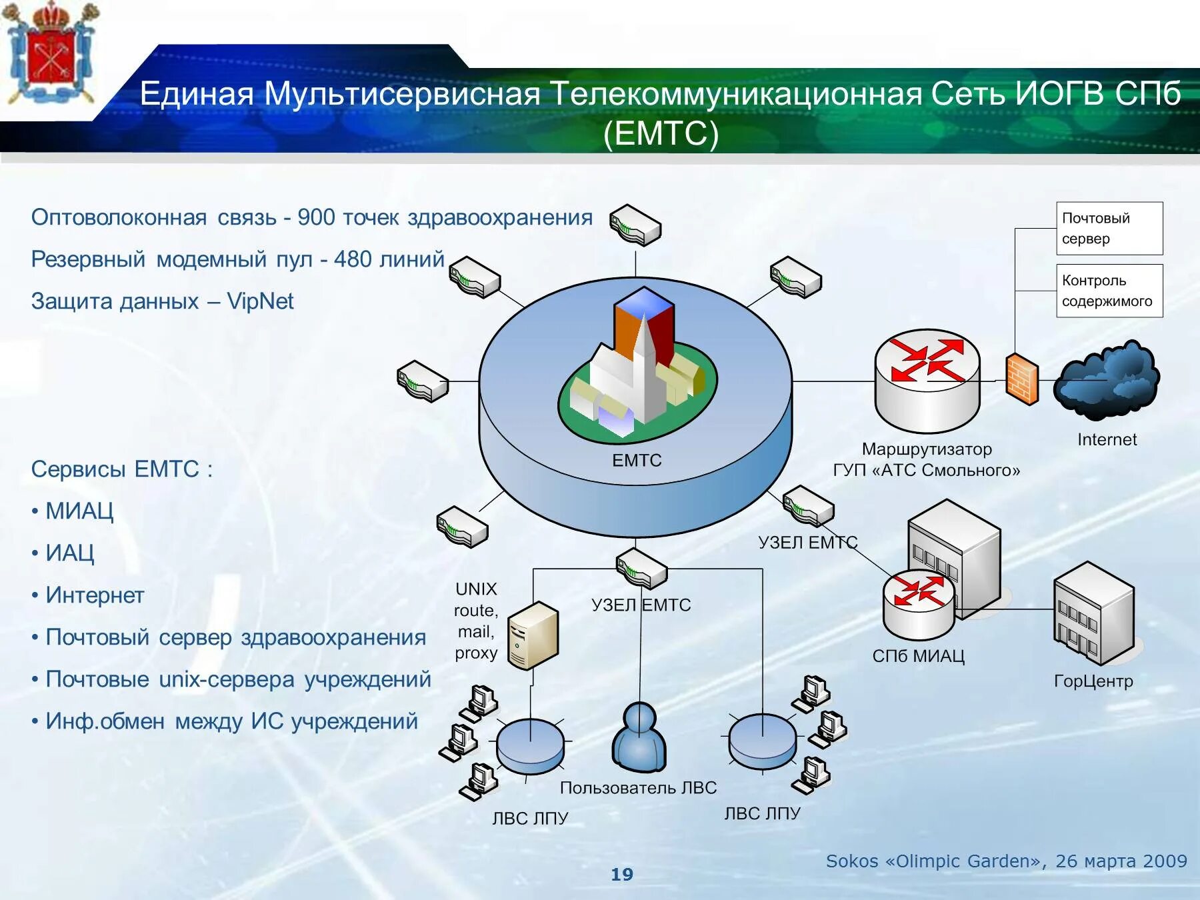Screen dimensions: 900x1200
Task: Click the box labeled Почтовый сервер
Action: click(x=1109, y=228)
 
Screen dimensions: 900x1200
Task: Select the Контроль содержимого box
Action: click(x=1109, y=291)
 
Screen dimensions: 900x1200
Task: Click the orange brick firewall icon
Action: click(x=1022, y=379)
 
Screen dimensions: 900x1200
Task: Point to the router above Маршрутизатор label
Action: click(x=927, y=380)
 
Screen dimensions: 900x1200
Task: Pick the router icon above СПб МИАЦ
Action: click(x=918, y=604)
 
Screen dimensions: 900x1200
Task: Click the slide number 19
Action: click(x=621, y=875)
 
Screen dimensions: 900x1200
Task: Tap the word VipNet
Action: click(x=260, y=301)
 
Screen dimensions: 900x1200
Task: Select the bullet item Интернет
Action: click(x=95, y=595)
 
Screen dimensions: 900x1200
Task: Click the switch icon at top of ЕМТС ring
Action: click(x=635, y=225)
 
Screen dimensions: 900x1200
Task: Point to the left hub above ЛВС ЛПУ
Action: click(x=530, y=745)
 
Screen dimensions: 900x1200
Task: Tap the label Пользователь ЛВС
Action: click(x=638, y=788)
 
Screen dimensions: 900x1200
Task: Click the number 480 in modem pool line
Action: click(x=353, y=259)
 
